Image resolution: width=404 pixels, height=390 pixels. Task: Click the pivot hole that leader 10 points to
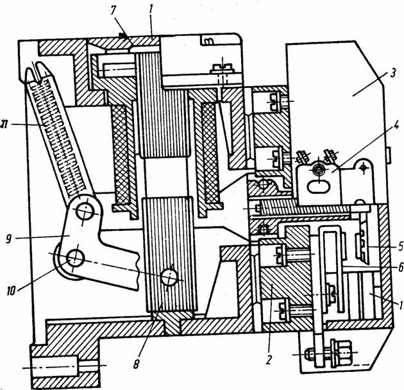coord(76,258)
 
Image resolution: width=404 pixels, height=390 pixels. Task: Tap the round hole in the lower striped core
coord(170,277)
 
